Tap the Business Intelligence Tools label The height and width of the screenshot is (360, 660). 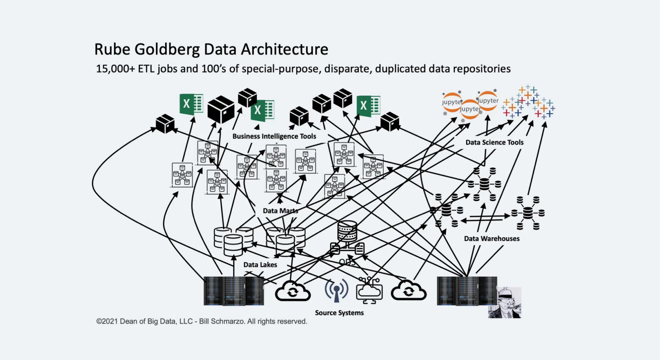coord(274,136)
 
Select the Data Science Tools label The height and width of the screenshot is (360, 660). coord(494,142)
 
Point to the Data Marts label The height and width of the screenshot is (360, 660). coord(280,211)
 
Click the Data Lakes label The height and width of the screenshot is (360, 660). coord(260,265)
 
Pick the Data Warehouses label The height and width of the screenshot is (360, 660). coord(491,238)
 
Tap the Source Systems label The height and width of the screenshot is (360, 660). coord(339,313)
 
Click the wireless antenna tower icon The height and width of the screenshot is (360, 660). coord(336,290)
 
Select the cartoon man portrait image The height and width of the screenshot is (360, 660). coord(505,302)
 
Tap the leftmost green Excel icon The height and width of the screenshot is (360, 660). coord(191,104)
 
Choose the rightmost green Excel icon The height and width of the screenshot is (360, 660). coord(368,105)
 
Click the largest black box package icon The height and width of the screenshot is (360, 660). coord(221,109)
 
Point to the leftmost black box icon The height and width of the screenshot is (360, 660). coord(165,124)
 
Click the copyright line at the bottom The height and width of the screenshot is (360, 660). coord(201,321)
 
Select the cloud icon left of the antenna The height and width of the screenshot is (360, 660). coord(293,291)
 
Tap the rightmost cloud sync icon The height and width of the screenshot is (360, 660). coord(408,291)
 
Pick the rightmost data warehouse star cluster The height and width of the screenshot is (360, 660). coord(528,213)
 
